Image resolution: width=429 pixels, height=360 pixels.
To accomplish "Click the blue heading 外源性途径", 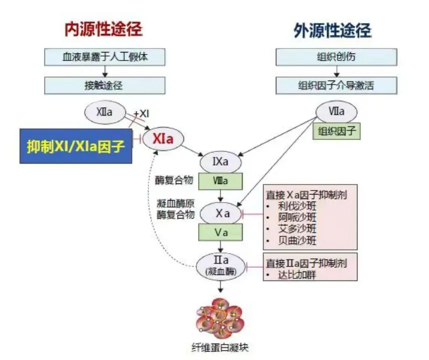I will tap(332, 31).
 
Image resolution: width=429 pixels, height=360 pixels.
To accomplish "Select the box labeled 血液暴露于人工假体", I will tap(104, 57).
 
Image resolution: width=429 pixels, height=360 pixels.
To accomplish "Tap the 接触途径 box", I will tap(104, 85).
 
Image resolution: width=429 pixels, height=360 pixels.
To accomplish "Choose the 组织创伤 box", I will tap(336, 57).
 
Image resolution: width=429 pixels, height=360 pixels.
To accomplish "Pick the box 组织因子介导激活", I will tap(336, 85).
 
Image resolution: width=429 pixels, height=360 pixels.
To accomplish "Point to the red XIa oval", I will tap(163, 138).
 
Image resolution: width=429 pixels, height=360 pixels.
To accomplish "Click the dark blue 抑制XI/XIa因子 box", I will tap(75, 145).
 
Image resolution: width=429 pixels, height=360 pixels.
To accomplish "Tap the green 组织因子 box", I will tap(336, 131).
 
